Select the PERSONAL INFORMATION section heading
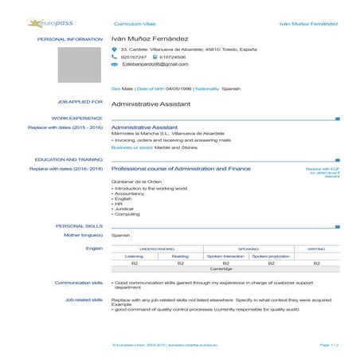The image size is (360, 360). click(69, 38)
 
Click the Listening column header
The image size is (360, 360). click(135, 256)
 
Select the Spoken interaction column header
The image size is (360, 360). click(226, 256)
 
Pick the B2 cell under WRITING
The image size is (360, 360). click(316, 263)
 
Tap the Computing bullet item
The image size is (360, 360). click(127, 214)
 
